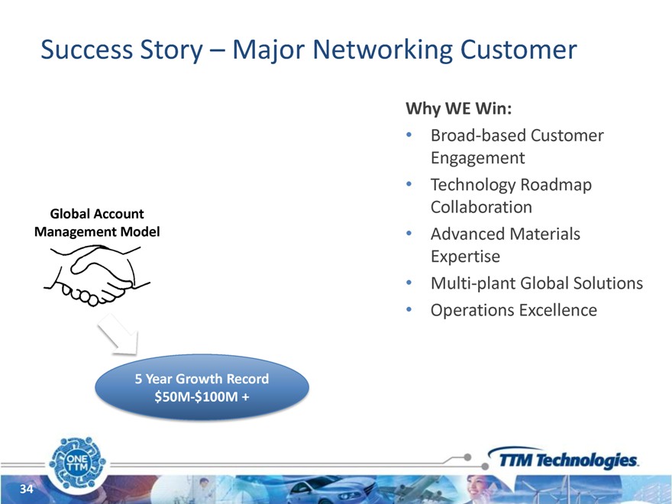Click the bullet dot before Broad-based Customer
tap(410, 136)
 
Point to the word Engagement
tap(477, 158)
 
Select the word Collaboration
tap(481, 207)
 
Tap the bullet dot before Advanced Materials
tap(410, 234)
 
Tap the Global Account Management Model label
tap(97, 222)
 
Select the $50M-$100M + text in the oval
tap(202, 396)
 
